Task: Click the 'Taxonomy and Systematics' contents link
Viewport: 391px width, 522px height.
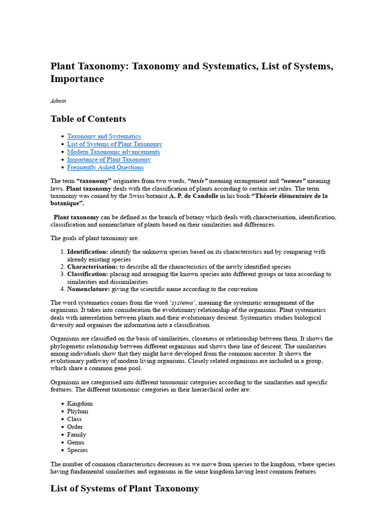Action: (104, 136)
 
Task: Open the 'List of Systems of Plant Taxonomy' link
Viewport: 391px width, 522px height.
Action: (115, 144)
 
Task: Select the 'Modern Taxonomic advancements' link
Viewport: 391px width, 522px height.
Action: (113, 152)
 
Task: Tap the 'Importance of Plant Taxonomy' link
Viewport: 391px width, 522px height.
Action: (109, 160)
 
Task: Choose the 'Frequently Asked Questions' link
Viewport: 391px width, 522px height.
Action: (105, 167)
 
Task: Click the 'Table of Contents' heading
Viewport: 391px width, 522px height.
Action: (88, 119)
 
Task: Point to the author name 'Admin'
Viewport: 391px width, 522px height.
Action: (58, 101)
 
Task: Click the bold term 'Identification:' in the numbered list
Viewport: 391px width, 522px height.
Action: (88, 252)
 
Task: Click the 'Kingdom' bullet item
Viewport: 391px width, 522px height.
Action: (80, 404)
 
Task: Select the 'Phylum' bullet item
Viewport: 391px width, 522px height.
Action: (77, 411)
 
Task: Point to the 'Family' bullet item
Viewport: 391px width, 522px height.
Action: (77, 435)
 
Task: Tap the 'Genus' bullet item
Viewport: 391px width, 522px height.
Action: (76, 442)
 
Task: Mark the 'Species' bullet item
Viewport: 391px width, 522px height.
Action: (77, 450)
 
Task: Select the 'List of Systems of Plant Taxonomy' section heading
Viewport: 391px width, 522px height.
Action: (125, 488)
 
